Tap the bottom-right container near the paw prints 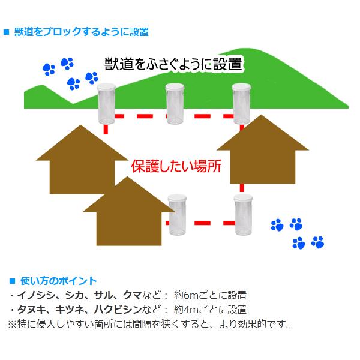244,216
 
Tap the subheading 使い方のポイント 58,281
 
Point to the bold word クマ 131,295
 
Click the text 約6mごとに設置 210,295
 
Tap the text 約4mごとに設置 210,310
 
